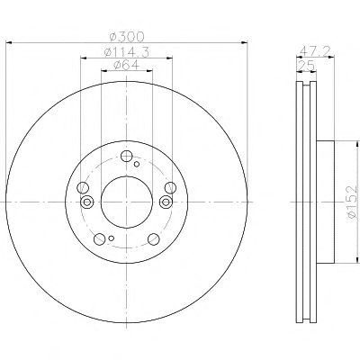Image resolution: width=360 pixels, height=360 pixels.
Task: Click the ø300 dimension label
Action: pyautogui.click(x=127, y=37)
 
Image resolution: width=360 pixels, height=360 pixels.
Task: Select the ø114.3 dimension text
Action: pyautogui.click(x=127, y=52)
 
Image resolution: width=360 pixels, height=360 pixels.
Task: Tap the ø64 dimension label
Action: pyautogui.click(x=126, y=65)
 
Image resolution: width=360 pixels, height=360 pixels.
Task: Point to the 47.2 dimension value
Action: pyautogui.click(x=314, y=51)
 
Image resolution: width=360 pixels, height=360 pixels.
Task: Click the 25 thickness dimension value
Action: pyautogui.click(x=306, y=65)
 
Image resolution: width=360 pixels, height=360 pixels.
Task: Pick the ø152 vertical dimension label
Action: pyautogui.click(x=352, y=202)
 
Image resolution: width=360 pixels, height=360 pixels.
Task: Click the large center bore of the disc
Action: pyautogui.click(x=127, y=202)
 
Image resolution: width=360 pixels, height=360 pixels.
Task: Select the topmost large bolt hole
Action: pyautogui.click(x=127, y=156)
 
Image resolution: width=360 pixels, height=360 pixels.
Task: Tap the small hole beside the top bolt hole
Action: pyautogui.click(x=137, y=164)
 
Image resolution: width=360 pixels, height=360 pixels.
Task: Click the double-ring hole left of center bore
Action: pyautogui.click(x=87, y=202)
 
